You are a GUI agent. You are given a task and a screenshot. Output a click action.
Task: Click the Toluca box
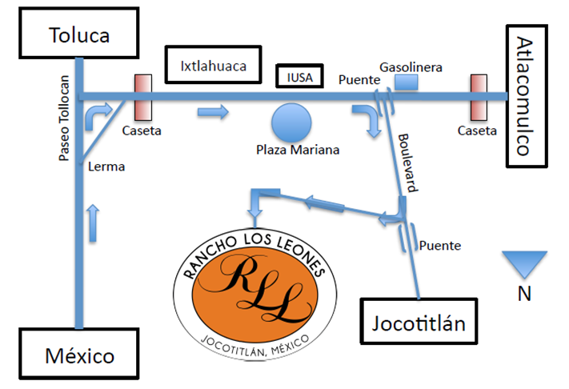point(79,36)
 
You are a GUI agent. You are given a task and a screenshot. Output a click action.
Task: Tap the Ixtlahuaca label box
point(214,64)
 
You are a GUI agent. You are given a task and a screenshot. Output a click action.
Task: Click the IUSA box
point(299,77)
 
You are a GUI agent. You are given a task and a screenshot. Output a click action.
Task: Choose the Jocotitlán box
point(419,323)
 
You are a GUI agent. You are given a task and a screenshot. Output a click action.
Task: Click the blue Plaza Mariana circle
point(291,123)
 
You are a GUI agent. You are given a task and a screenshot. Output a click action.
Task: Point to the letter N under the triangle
point(524,294)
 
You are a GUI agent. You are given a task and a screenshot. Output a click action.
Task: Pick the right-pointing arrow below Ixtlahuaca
point(213,113)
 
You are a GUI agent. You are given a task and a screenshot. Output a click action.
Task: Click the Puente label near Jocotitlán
point(440,246)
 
